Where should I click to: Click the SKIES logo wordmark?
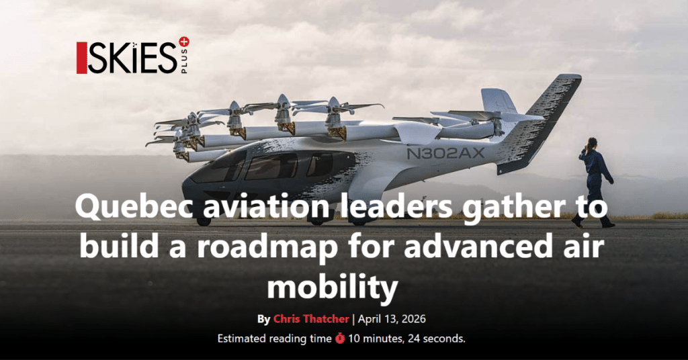132,58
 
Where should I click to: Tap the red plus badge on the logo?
184,42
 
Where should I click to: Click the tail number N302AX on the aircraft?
445,154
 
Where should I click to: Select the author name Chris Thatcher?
311,319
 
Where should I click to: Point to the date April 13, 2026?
392,319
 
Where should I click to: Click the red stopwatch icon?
340,339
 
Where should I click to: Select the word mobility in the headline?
333,287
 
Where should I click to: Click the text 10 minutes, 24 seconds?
406,339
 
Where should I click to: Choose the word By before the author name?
263,319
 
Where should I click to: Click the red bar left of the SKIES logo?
81,58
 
